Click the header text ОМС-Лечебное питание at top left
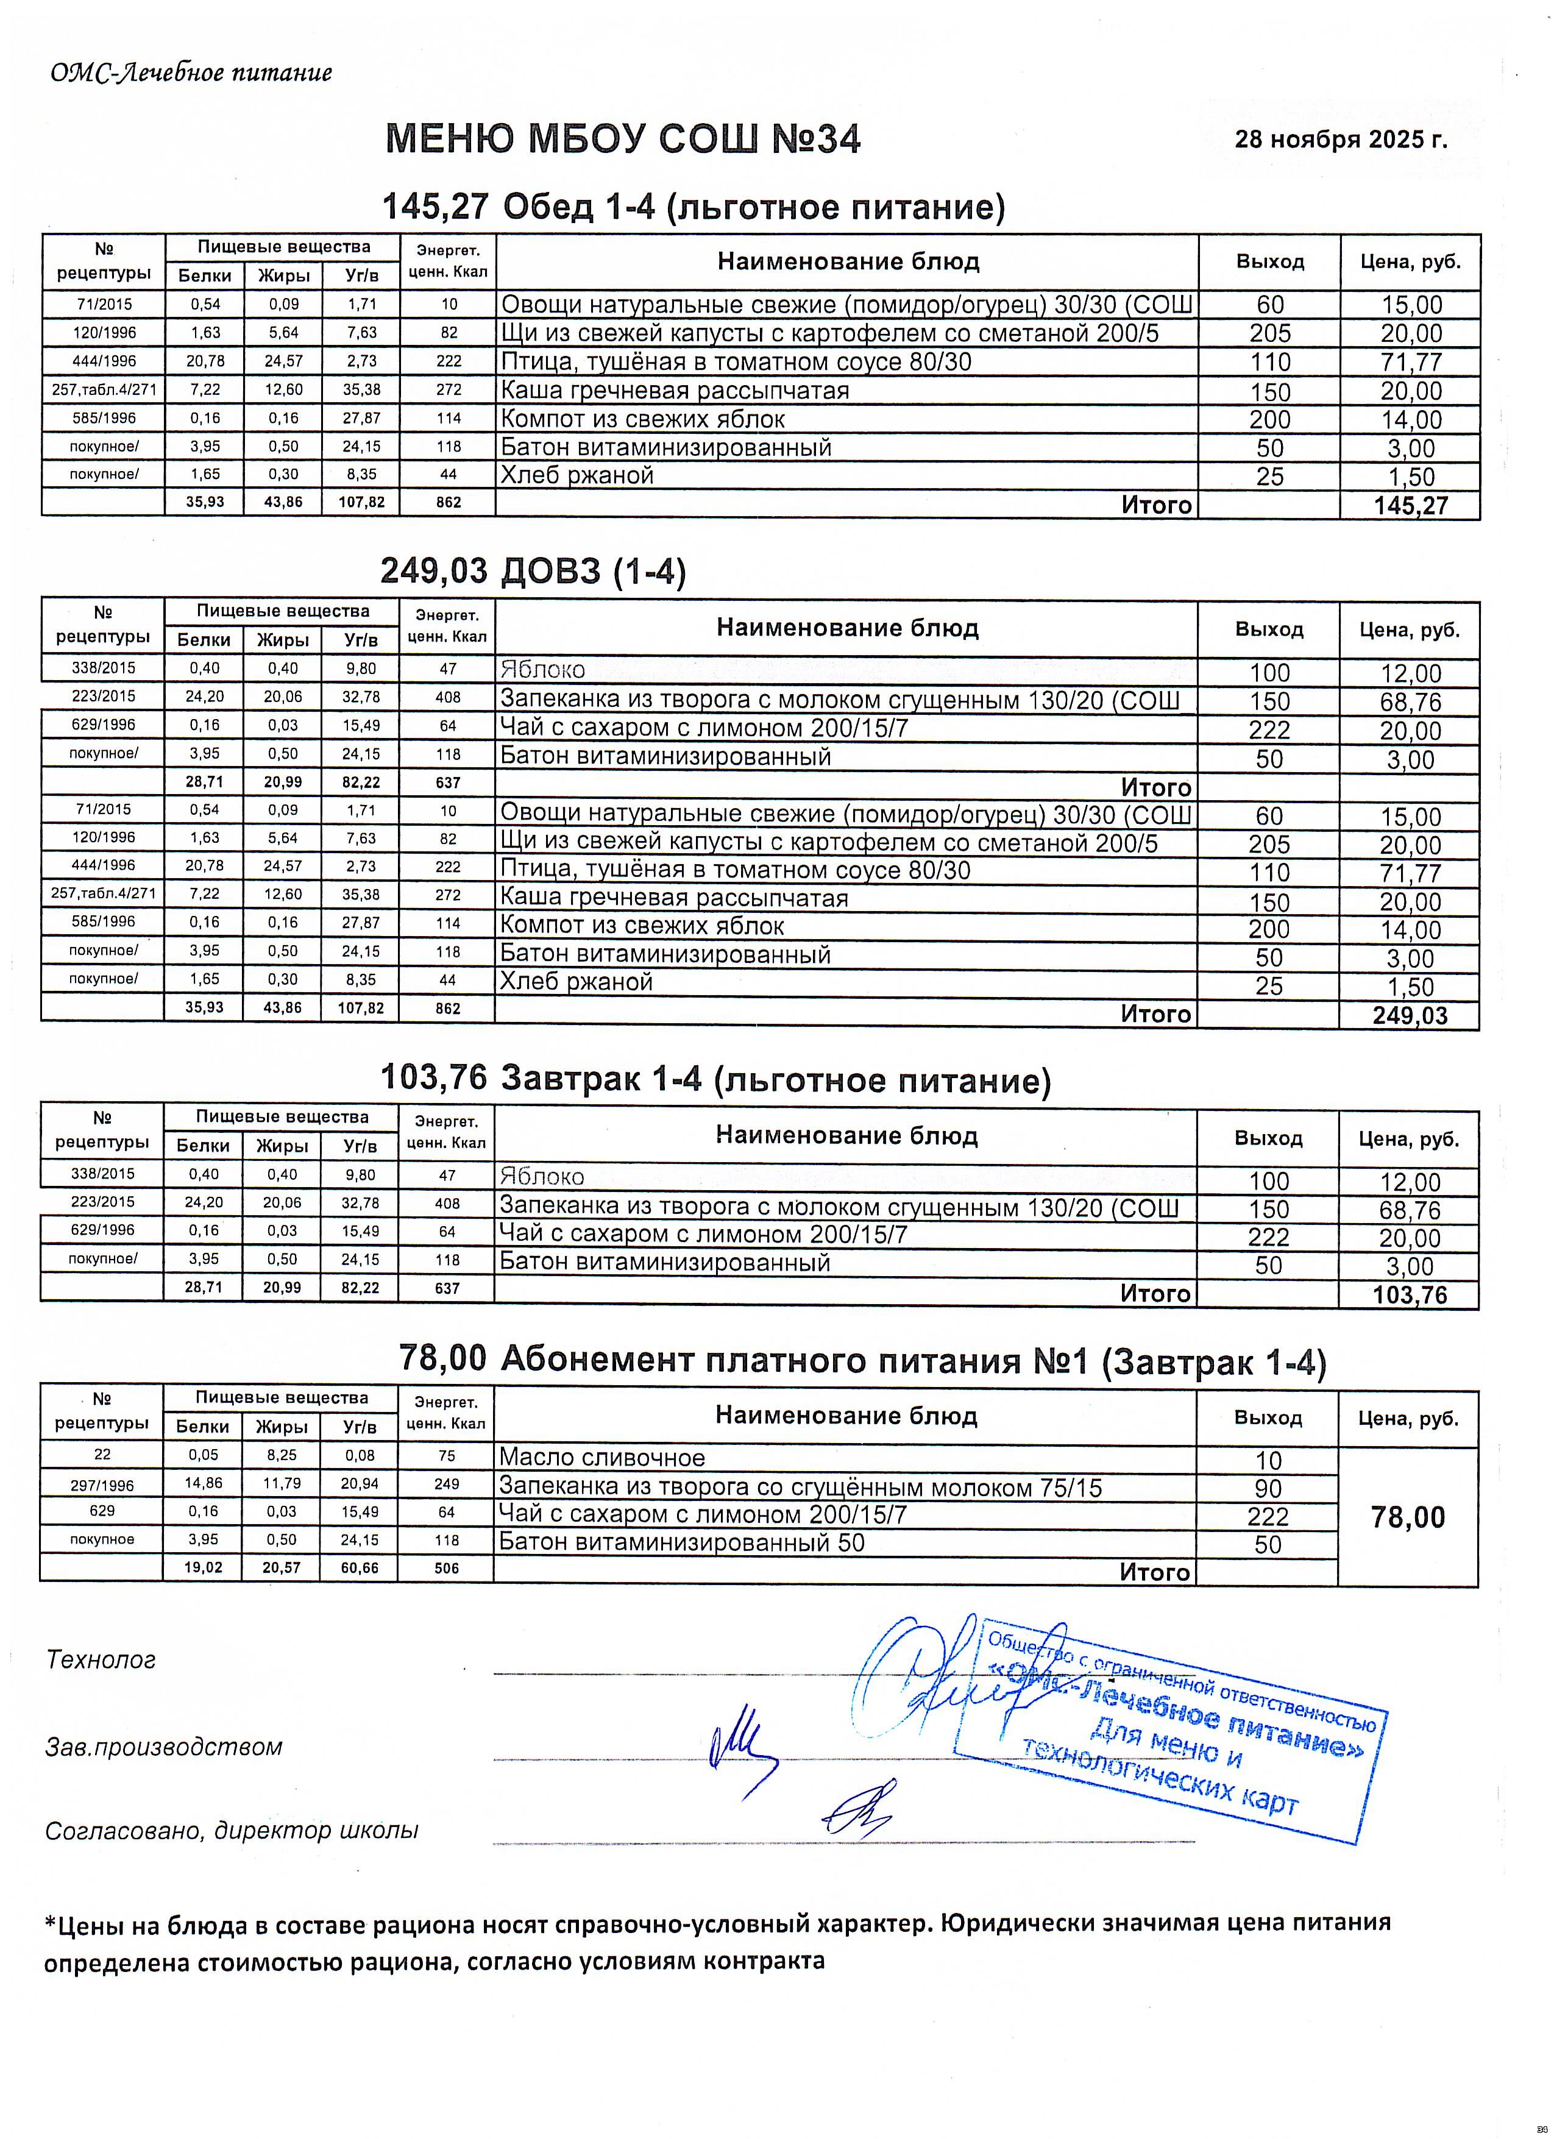[x=191, y=73]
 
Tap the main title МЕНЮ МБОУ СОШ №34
[x=623, y=140]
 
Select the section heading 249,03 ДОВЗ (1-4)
[x=533, y=570]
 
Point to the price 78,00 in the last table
[x=1408, y=1517]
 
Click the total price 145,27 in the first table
[x=1410, y=506]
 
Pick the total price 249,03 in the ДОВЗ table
[x=1410, y=1016]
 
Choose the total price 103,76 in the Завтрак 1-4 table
[x=1410, y=1295]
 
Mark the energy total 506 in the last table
[x=447, y=1569]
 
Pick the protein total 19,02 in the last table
[x=203, y=1569]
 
